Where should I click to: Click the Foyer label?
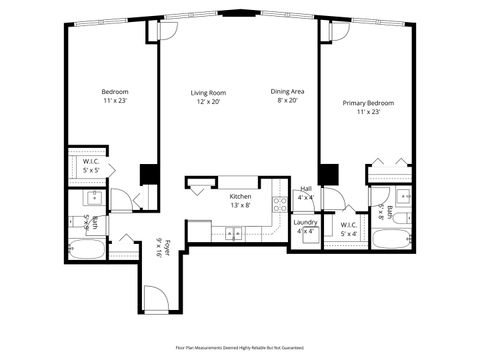166,247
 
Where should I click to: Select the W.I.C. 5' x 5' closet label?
90,166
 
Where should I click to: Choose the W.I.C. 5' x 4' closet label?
348,229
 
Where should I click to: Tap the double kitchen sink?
234,234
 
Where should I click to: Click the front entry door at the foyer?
155,298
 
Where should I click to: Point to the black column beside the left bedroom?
149,172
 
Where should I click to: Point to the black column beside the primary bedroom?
327,172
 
